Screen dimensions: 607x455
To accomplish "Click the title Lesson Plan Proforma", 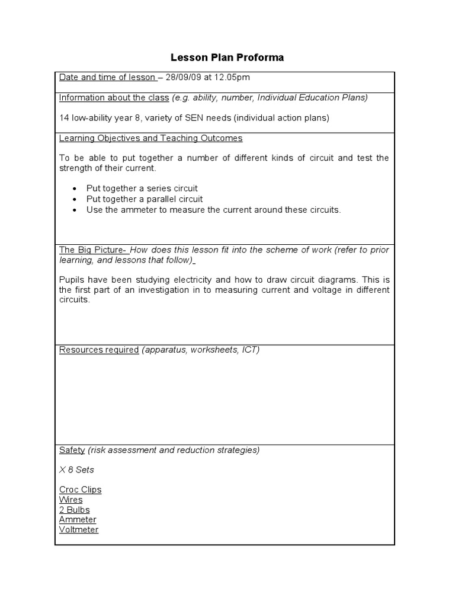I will coord(227,57).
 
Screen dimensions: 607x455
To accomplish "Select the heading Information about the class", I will coord(114,98).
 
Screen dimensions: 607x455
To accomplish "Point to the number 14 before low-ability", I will coord(64,118).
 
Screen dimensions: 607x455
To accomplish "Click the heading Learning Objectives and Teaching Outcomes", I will coord(150,138).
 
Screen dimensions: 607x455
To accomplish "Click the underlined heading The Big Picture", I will coord(92,250).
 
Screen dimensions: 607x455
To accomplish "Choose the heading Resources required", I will coord(98,350).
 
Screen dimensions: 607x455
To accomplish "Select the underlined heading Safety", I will coord(72,450).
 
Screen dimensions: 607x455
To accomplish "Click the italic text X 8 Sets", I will coord(76,469).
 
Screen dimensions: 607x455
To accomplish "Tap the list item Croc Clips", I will coord(80,490).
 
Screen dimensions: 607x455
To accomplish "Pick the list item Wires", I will coord(71,500).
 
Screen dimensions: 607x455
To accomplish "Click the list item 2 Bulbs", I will coord(74,510).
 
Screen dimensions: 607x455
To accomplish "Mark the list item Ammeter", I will coord(78,520).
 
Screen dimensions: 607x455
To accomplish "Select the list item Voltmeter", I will coord(79,530).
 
